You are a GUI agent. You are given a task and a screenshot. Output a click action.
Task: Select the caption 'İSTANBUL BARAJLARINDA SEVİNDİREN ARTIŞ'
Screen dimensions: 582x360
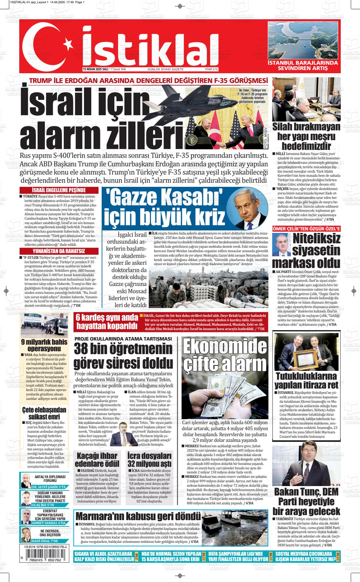pos(303,65)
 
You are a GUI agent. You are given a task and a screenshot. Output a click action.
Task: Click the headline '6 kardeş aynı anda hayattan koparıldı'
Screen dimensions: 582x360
pos(107,322)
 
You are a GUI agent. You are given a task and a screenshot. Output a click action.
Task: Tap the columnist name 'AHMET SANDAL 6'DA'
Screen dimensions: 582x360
pos(49,523)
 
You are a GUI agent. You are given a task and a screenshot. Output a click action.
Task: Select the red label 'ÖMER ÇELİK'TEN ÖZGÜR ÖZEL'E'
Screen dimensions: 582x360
pos(306,229)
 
